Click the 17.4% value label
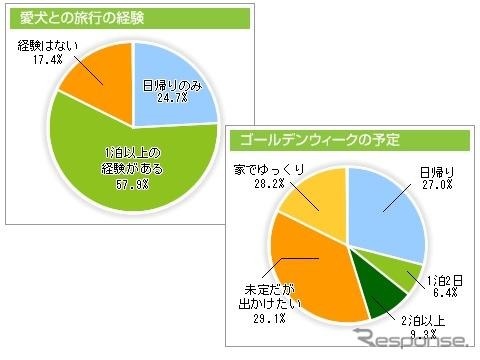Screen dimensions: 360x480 (36, 62)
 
